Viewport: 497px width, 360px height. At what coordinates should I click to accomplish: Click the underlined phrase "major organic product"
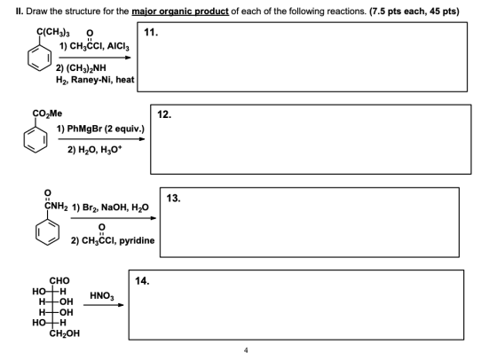[180, 12]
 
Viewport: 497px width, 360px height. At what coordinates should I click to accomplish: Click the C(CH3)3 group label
[53, 32]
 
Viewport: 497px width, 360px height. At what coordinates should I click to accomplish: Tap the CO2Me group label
[47, 113]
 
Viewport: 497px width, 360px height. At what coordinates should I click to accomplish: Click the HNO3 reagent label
[102, 296]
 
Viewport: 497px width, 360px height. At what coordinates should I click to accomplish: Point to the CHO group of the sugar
[59, 281]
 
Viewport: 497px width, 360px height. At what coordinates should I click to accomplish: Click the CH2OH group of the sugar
[65, 333]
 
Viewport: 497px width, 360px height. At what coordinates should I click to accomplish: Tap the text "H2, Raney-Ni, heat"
[95, 80]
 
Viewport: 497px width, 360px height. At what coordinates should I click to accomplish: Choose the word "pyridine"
[137, 240]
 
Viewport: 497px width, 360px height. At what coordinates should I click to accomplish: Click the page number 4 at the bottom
[246, 350]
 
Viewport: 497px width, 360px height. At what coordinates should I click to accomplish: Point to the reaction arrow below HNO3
[103, 305]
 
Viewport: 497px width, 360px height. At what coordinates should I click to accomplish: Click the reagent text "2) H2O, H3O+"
[95, 150]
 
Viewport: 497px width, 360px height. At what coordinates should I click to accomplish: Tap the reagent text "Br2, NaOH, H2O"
[115, 207]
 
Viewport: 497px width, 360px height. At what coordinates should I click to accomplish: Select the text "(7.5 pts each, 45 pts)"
[414, 12]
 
